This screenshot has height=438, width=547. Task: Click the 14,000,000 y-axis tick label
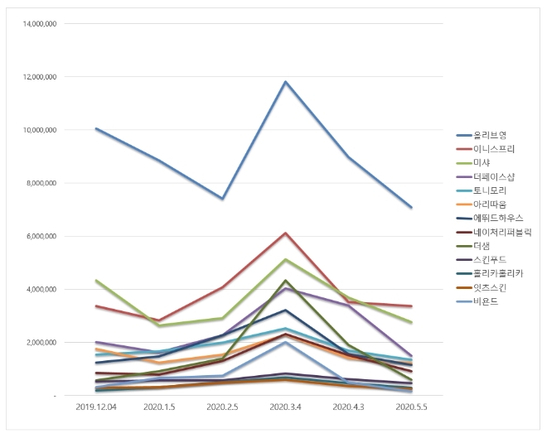[38, 24]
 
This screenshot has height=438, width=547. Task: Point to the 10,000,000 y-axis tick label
[38, 130]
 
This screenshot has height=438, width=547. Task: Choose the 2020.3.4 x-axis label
[285, 407]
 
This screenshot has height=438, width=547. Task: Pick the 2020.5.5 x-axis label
[411, 407]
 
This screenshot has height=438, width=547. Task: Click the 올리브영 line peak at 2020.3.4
[285, 82]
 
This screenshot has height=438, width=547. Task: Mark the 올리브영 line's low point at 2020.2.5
[222, 199]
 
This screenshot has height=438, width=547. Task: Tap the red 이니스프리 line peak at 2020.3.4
[285, 233]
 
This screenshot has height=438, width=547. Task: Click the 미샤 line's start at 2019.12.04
[97, 281]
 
